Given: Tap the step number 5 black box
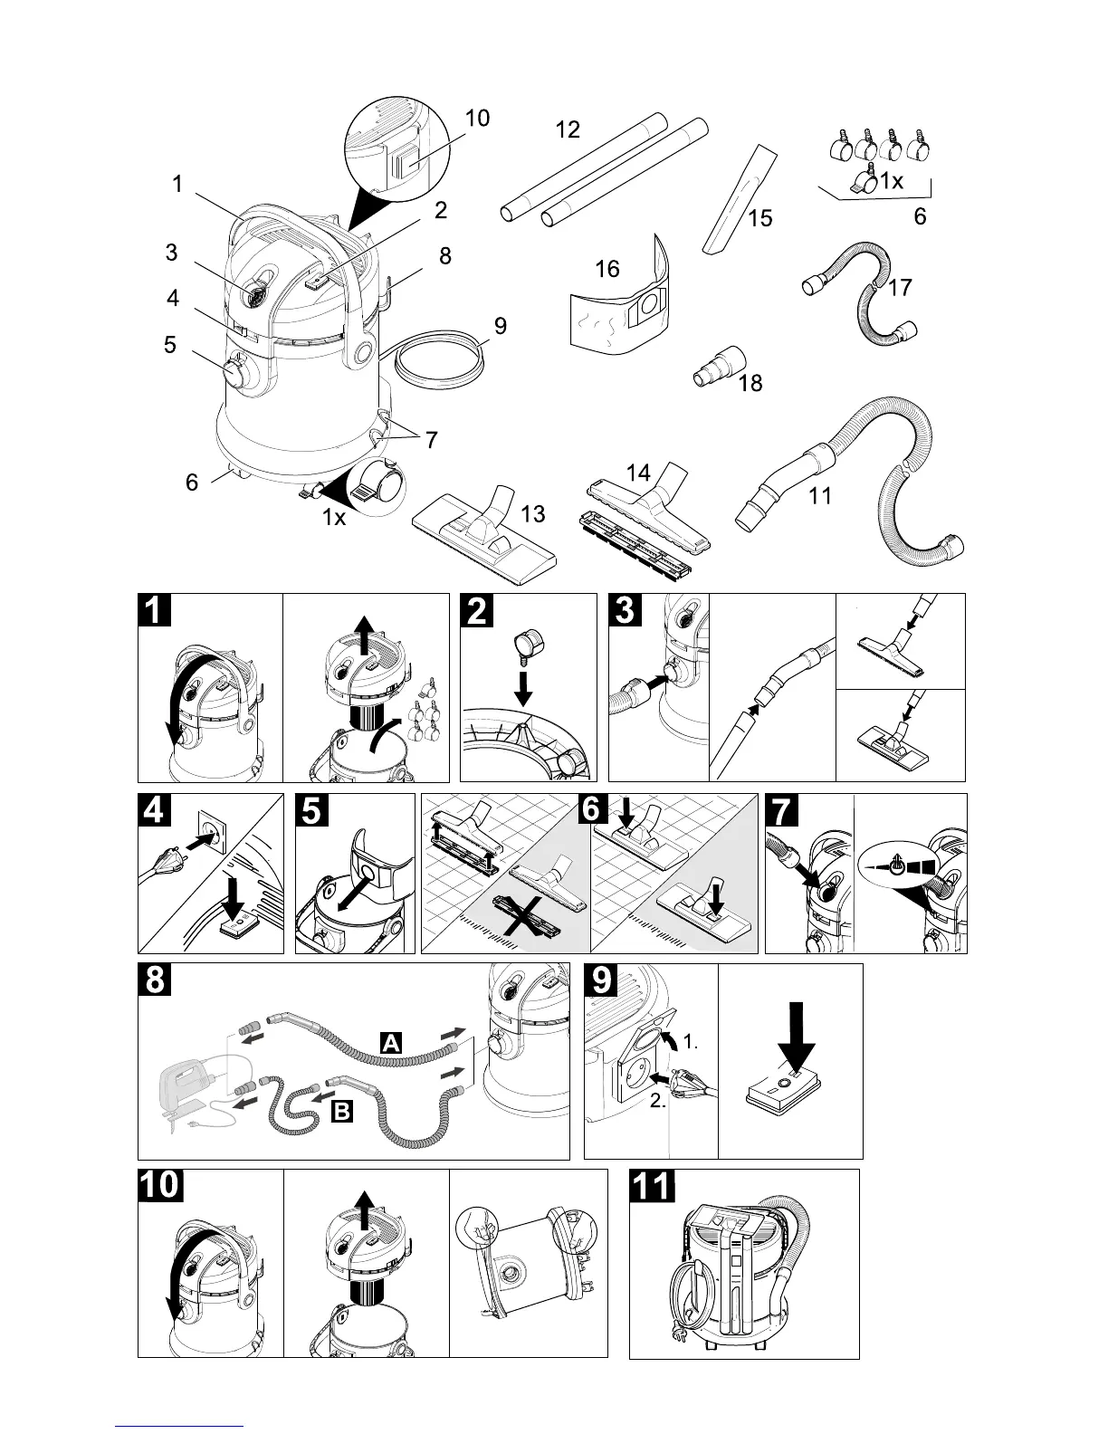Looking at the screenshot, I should click(x=312, y=810).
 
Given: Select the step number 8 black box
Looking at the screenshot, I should click(x=155, y=980).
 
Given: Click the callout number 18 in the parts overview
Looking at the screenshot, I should click(x=750, y=383).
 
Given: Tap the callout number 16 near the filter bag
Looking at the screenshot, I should click(x=607, y=269).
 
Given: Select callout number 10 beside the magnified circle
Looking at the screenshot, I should click(x=477, y=118).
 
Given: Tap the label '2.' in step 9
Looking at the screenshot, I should click(x=660, y=1104).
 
